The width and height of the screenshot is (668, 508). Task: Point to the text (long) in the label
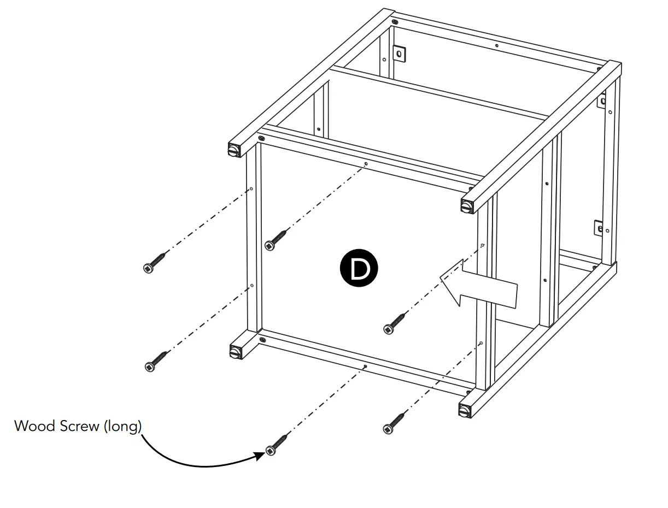click(122, 426)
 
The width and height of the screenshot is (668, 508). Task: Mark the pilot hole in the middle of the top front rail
click(366, 163)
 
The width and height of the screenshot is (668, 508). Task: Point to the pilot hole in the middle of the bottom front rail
click(365, 367)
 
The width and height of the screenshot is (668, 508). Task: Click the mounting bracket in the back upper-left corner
click(400, 54)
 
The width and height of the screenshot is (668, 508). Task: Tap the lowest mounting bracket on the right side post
click(599, 228)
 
